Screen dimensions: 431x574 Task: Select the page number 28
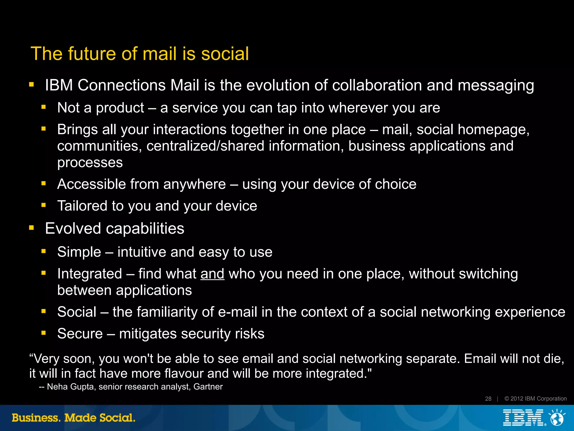point(488,399)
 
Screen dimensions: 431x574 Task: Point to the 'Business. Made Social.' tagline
point(73,418)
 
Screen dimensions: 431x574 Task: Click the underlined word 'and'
point(212,274)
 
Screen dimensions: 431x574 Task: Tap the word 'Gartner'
point(208,387)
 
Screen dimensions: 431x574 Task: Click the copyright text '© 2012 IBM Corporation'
point(535,399)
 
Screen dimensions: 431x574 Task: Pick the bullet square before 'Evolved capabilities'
point(31,228)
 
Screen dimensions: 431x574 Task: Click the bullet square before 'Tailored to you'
point(43,205)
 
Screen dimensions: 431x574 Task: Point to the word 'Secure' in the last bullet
point(80,334)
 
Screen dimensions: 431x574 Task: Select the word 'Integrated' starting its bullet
point(90,274)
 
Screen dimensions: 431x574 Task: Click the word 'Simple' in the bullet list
point(79,252)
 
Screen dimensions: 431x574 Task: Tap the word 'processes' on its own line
point(90,162)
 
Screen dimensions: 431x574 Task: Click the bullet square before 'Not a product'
point(43,107)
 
